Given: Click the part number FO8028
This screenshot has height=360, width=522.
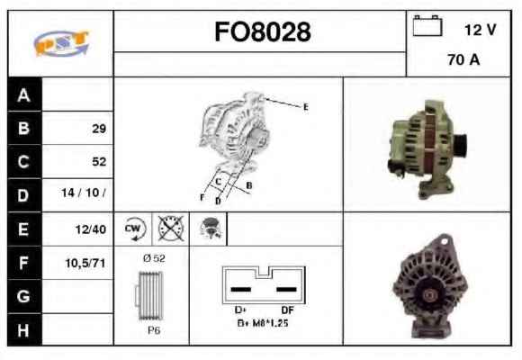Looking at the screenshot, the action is pyautogui.click(x=263, y=31).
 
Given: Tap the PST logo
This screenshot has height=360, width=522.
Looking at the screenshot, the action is pyautogui.click(x=61, y=42).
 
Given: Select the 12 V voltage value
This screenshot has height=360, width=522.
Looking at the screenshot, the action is pyautogui.click(x=480, y=30).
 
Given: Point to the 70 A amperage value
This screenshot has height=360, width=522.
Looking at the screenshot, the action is pyautogui.click(x=463, y=59).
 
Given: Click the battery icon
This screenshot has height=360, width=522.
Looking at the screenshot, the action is pyautogui.click(x=427, y=25).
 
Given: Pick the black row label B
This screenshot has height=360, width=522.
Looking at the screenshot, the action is pyautogui.click(x=24, y=128).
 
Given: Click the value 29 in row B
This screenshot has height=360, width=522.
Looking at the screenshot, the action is pyautogui.click(x=99, y=129).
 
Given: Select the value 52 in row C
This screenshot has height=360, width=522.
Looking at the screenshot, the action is pyautogui.click(x=99, y=161).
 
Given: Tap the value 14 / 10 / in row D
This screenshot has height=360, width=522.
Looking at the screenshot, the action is pyautogui.click(x=84, y=193).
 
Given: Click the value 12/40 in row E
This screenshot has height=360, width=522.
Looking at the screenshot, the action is pyautogui.click(x=91, y=229).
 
